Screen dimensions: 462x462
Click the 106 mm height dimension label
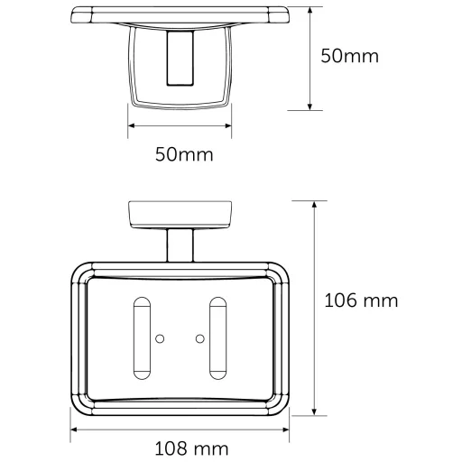(361, 300)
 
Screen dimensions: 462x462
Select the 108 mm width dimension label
(191, 448)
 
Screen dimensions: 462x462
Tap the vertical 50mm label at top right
(349, 56)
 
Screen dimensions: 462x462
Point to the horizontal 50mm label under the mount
(184, 154)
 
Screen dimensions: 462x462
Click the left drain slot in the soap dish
(142, 338)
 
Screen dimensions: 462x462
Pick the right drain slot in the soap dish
(217, 338)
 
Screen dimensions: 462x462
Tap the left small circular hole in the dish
(160, 339)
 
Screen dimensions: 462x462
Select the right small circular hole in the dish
(200, 339)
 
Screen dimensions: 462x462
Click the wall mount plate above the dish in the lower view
(180, 215)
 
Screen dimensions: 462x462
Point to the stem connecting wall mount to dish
(180, 245)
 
